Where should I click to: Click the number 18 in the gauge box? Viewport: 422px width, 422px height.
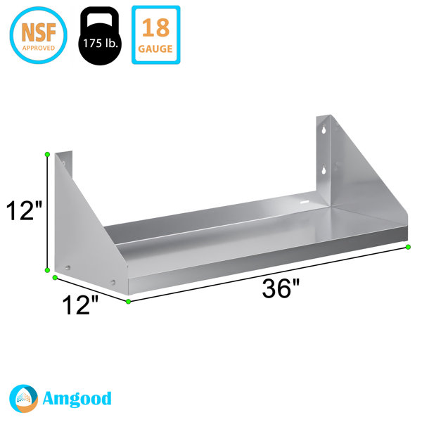click(155, 28)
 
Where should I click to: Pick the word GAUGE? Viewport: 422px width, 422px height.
click(155, 48)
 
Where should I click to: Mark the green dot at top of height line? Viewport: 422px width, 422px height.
click(47, 154)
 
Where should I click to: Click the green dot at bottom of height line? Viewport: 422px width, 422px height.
click(47, 269)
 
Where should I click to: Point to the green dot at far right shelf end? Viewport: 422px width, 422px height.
click(408, 247)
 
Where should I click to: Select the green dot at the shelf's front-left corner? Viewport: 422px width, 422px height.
click(128, 302)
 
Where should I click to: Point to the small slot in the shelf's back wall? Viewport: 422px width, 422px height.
click(304, 203)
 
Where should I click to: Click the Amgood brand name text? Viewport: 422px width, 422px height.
click(79, 399)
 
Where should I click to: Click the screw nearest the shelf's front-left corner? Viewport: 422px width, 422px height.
click(112, 283)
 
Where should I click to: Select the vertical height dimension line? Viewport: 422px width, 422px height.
click(47, 211)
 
